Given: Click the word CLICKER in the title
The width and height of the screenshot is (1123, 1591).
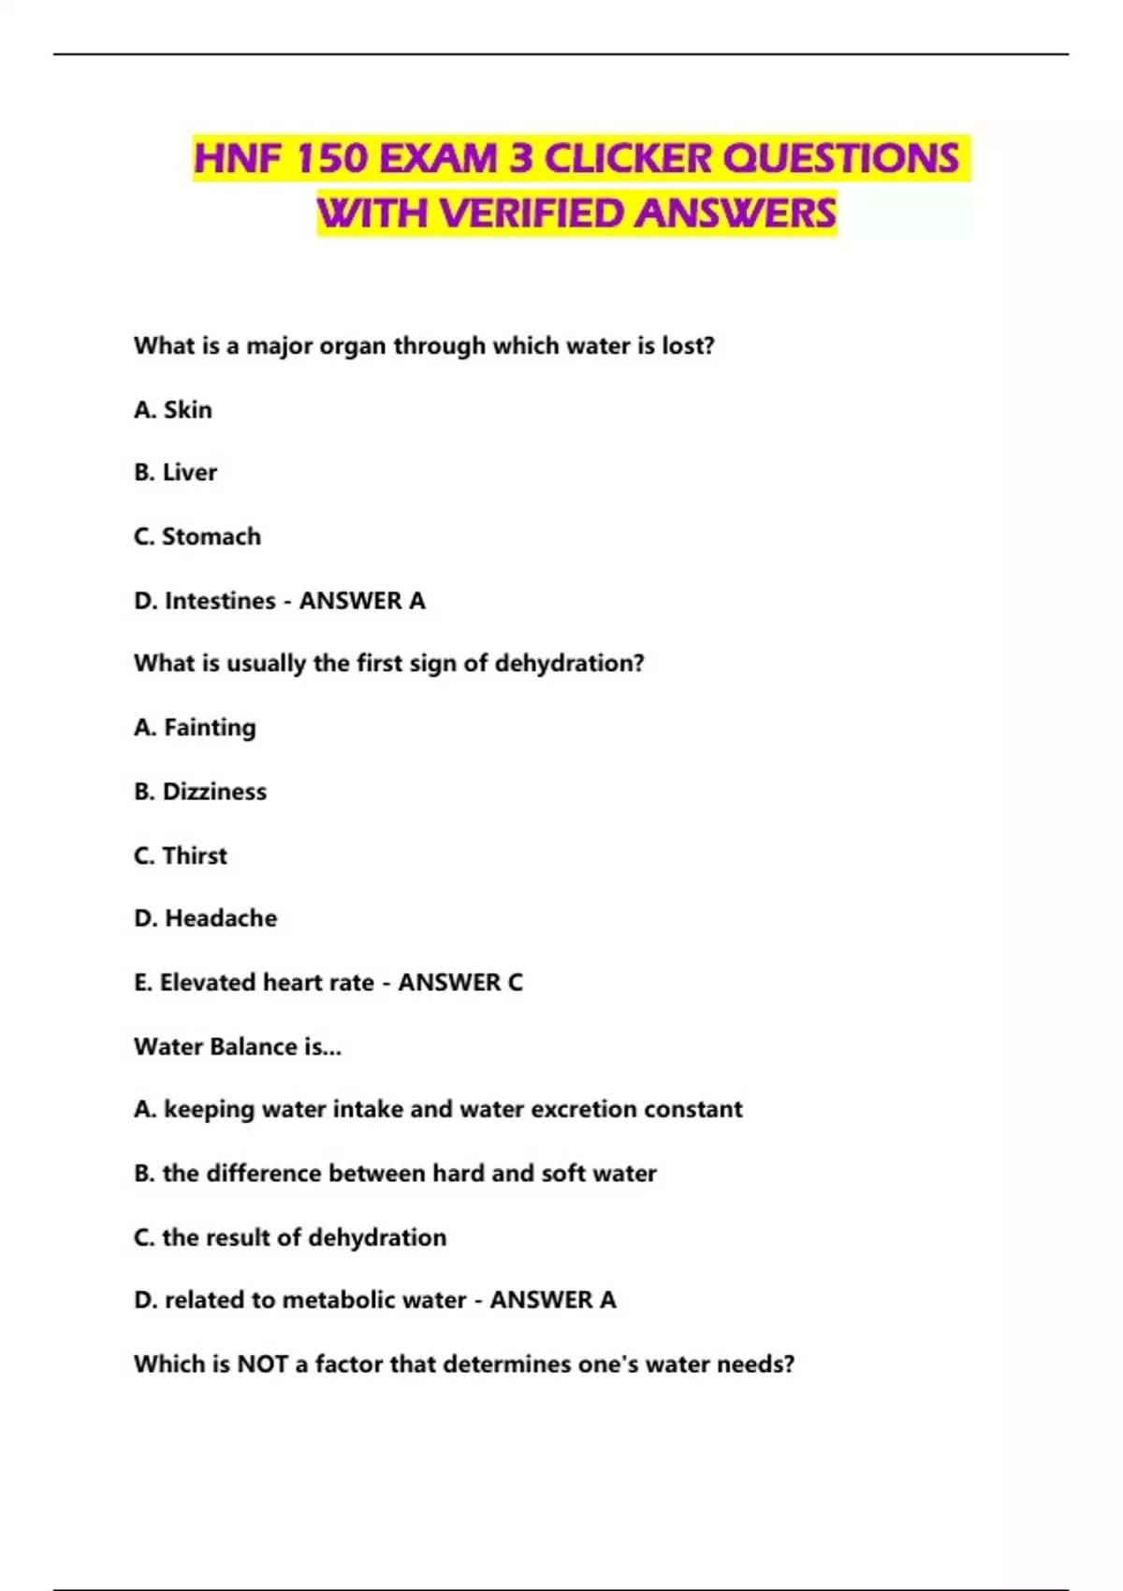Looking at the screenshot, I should pyautogui.click(x=628, y=158).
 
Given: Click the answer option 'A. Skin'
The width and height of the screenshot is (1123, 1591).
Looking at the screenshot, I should pyautogui.click(x=173, y=410).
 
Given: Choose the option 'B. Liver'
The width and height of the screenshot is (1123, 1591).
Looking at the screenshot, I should pyautogui.click(x=175, y=473).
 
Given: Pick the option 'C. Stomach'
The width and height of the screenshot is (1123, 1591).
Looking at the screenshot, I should pyautogui.click(x=197, y=536).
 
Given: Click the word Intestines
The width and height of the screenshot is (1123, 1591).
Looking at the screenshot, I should pyautogui.click(x=220, y=600).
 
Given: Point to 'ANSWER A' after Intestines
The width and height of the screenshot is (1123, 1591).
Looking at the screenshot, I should pyautogui.click(x=362, y=600).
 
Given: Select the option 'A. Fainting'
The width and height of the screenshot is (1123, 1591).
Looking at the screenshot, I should pyautogui.click(x=195, y=727).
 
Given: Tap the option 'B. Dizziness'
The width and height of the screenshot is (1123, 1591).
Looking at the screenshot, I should pyautogui.click(x=200, y=792).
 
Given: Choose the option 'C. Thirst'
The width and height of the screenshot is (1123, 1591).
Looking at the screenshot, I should pyautogui.click(x=181, y=855).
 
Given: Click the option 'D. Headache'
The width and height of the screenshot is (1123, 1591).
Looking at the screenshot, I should pyautogui.click(x=206, y=918).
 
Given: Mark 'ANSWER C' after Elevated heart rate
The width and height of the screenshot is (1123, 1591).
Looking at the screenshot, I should pyautogui.click(x=460, y=983).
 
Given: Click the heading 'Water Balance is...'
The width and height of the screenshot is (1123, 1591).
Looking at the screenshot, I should pyautogui.click(x=238, y=1046).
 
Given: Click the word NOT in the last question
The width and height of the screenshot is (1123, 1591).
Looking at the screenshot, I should pyautogui.click(x=262, y=1364).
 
